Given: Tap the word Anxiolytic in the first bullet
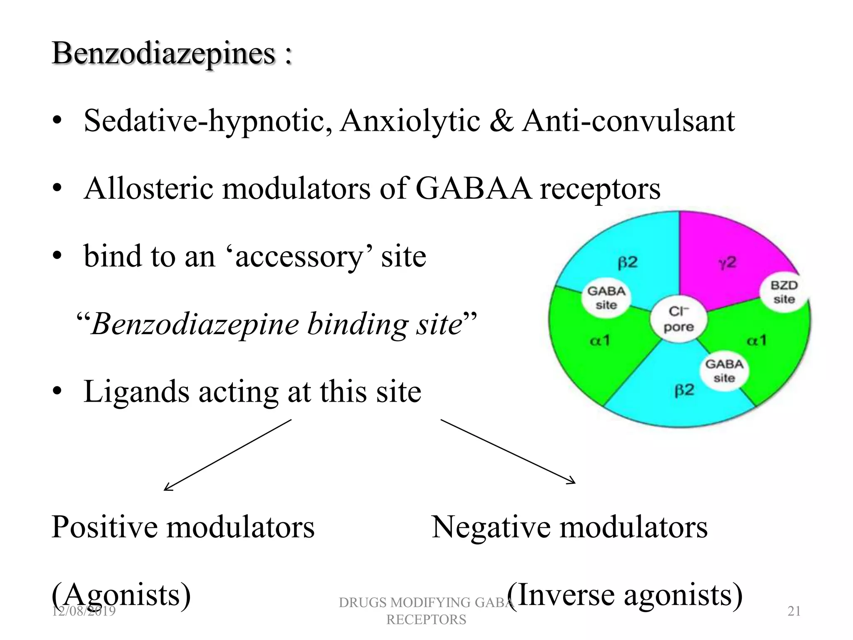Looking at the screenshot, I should [x=410, y=121].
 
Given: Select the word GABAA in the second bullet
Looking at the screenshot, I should [x=474, y=188].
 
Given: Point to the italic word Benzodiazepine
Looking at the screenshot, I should [x=195, y=324].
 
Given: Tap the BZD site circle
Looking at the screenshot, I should [x=784, y=292].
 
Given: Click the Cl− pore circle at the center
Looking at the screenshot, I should [x=678, y=319].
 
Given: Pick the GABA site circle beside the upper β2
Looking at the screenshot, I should [x=606, y=297].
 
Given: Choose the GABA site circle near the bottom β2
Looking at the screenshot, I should [x=724, y=370].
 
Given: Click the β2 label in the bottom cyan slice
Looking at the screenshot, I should [x=684, y=390].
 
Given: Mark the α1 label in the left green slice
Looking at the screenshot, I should [x=600, y=341].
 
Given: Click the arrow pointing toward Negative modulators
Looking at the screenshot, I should [x=508, y=451].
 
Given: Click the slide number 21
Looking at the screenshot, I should [x=794, y=611].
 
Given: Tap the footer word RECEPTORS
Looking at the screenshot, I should [x=426, y=620].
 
